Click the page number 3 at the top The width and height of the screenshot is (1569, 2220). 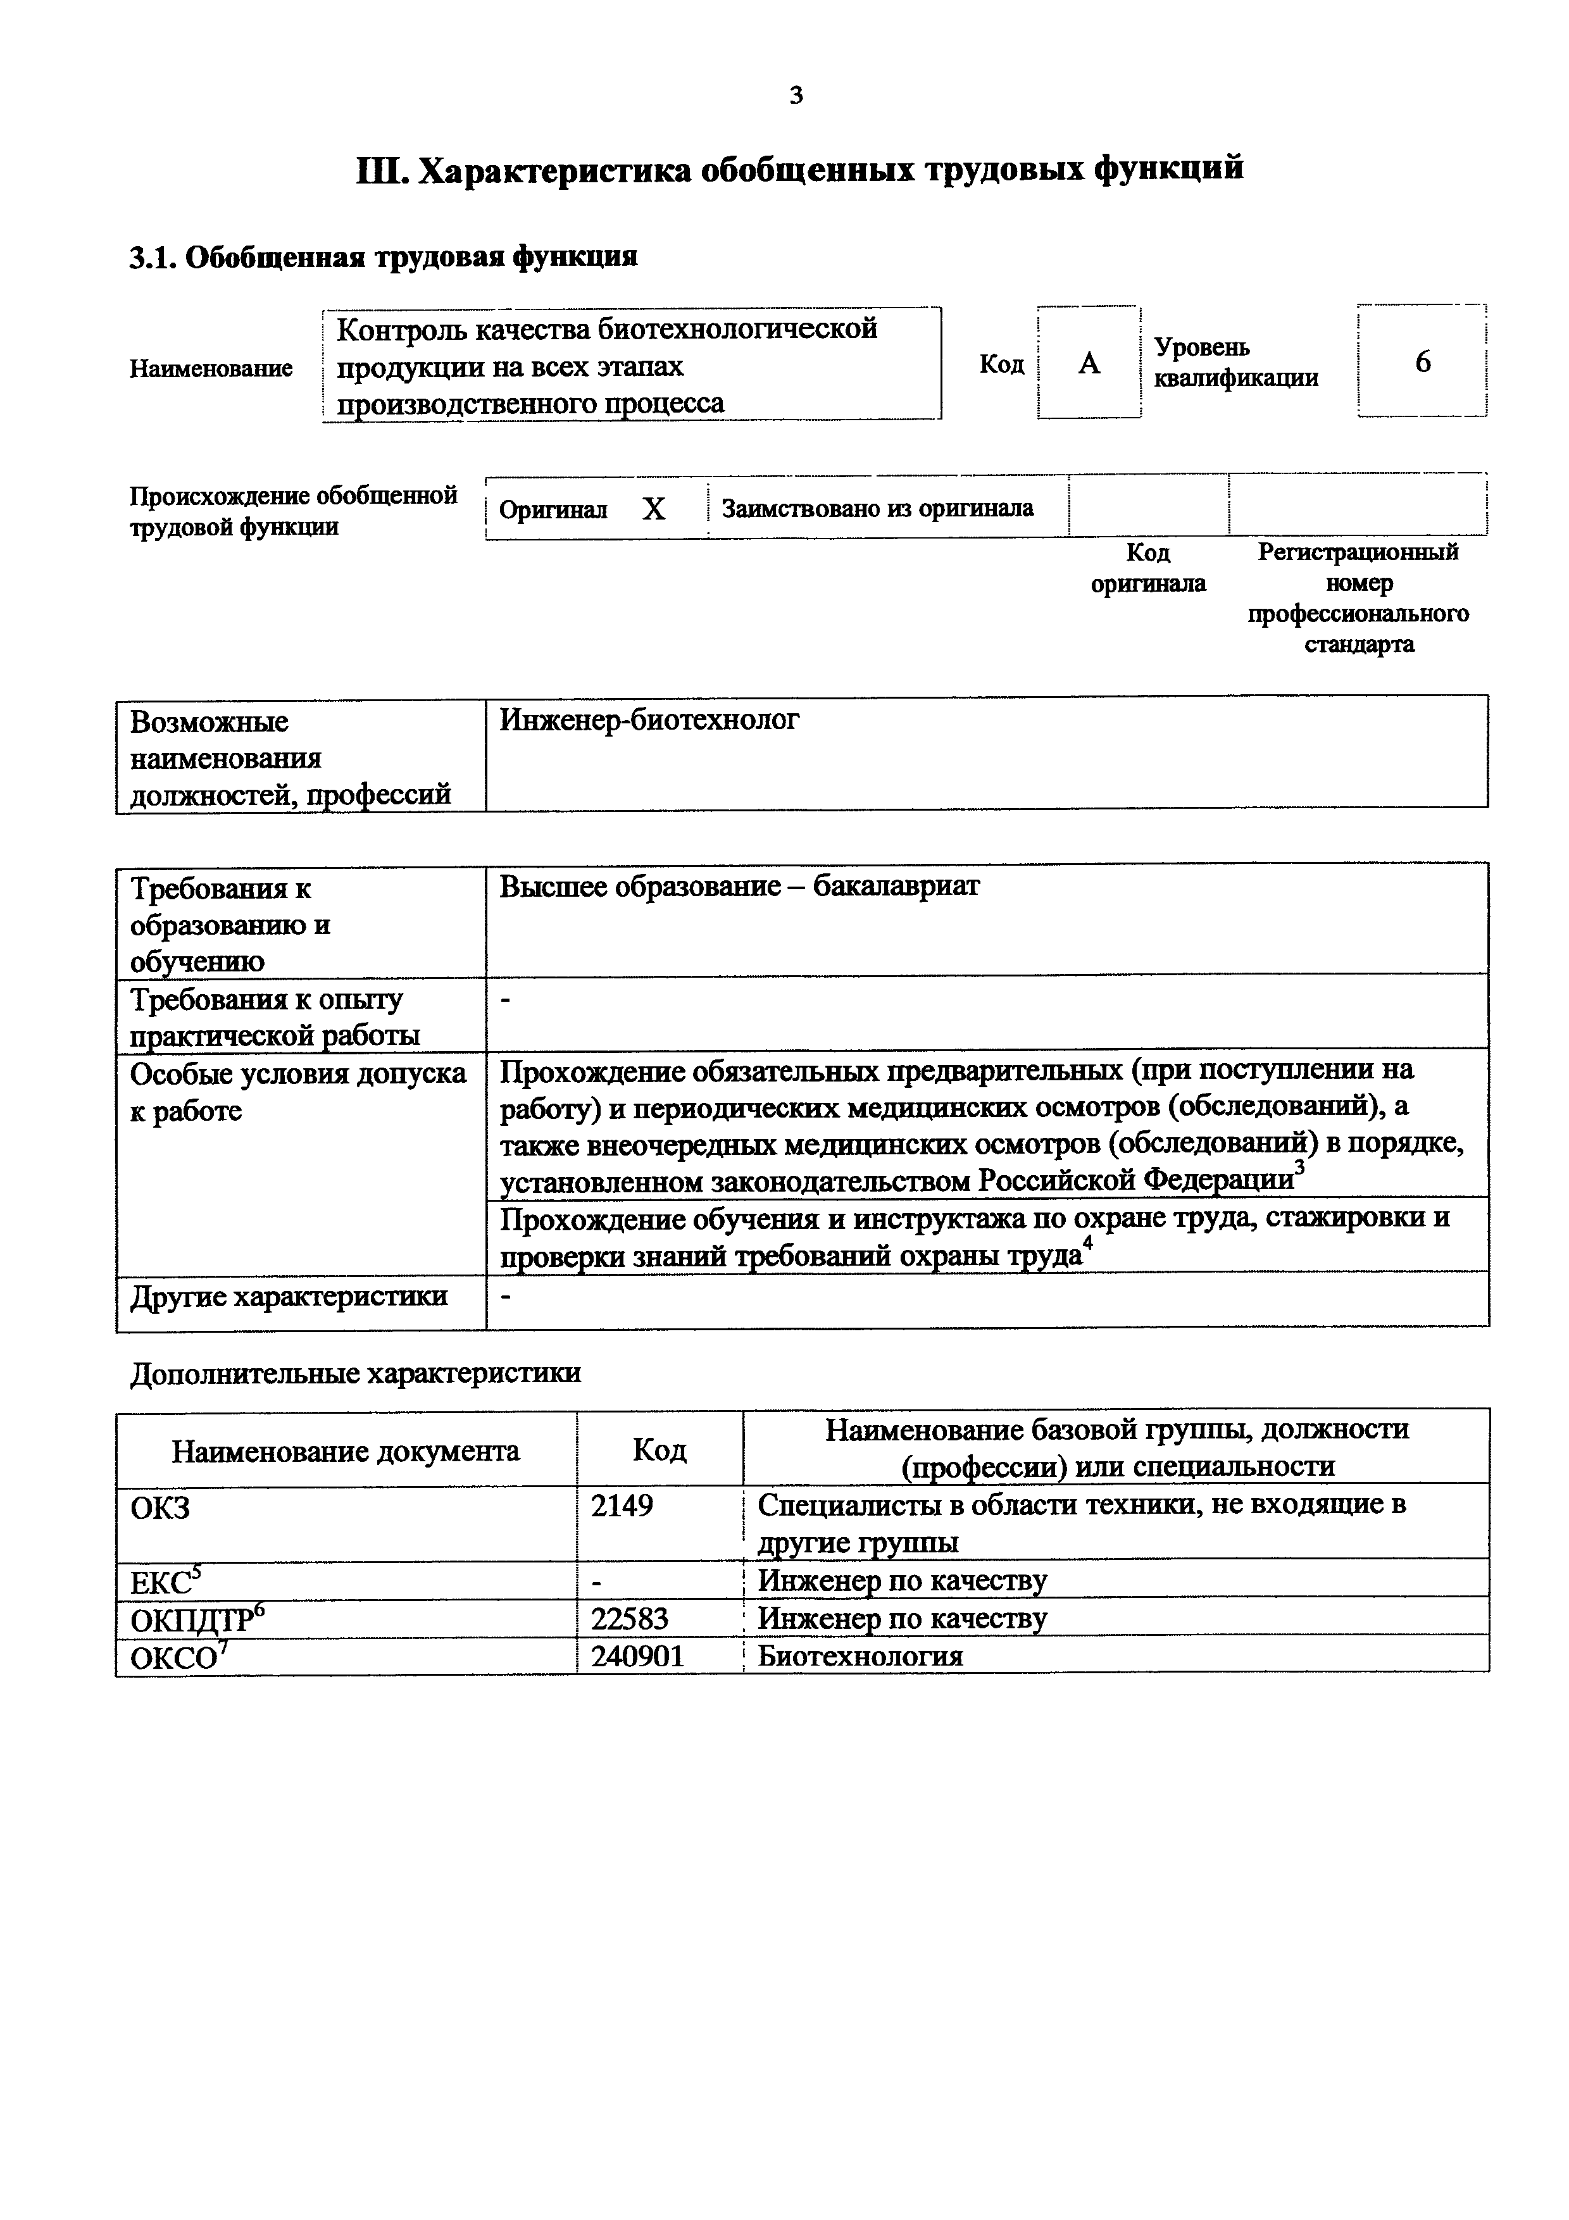point(796,95)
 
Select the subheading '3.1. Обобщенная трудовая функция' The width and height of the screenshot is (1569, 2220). point(383,257)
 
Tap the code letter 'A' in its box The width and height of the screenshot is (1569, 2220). point(1089,363)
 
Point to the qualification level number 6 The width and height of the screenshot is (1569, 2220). point(1422,361)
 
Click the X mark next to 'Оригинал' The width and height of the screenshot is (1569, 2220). point(654,509)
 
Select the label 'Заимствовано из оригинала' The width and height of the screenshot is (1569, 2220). point(877,509)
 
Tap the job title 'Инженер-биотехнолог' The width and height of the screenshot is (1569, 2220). point(649,720)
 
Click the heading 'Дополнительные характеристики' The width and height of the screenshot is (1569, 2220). point(355,1373)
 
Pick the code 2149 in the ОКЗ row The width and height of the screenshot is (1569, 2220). point(622,1506)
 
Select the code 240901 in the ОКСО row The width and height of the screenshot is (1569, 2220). point(637,1656)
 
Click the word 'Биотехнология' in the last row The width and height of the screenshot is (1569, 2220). point(860,1656)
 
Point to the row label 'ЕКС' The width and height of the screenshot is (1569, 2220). point(159,1583)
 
